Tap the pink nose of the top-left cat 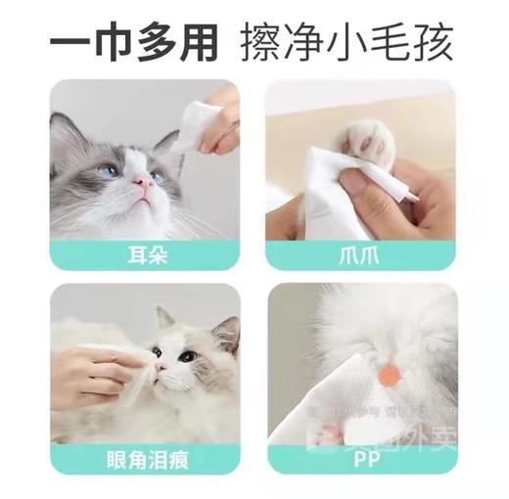click(x=145, y=183)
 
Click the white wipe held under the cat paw click(x=323, y=196)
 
